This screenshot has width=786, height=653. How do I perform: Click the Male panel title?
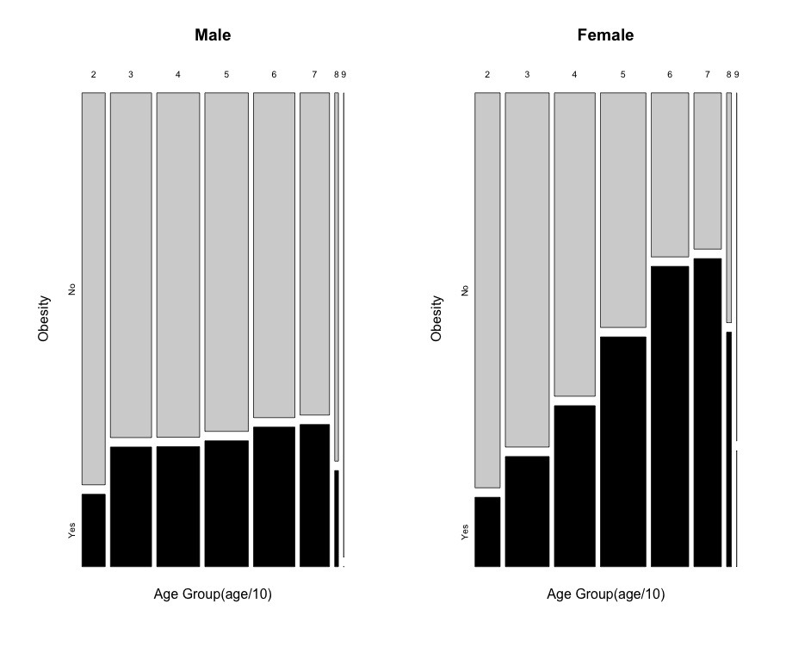pyautogui.click(x=213, y=35)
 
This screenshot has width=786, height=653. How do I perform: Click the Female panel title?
pyautogui.click(x=605, y=35)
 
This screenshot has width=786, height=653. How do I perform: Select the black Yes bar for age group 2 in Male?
pyautogui.click(x=94, y=530)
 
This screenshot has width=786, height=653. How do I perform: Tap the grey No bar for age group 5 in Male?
pyautogui.click(x=226, y=262)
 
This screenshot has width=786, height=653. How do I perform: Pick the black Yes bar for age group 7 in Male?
pyautogui.click(x=314, y=495)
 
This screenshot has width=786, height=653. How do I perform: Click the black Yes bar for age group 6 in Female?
pyautogui.click(x=670, y=416)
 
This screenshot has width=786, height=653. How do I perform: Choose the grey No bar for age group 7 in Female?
pyautogui.click(x=707, y=171)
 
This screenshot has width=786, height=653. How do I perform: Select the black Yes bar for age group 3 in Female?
pyautogui.click(x=527, y=511)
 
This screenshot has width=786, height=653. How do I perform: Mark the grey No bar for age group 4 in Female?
pyautogui.click(x=574, y=244)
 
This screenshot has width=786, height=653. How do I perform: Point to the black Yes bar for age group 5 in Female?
pyautogui.click(x=622, y=451)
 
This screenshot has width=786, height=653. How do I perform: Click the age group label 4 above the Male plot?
pyautogui.click(x=178, y=75)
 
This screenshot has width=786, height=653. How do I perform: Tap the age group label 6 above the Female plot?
pyautogui.click(x=670, y=75)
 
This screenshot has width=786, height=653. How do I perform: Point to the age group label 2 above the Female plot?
pyautogui.click(x=487, y=75)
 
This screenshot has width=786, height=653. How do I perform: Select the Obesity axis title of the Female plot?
pyautogui.click(x=436, y=319)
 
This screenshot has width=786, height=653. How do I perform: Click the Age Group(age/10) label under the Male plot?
pyautogui.click(x=213, y=594)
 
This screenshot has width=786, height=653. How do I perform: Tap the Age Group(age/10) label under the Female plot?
pyautogui.click(x=605, y=594)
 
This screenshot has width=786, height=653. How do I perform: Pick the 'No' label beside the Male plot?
pyautogui.click(x=72, y=289)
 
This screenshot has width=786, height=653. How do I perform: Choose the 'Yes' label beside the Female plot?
pyautogui.click(x=465, y=532)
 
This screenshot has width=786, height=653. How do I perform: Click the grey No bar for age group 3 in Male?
pyautogui.click(x=131, y=265)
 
